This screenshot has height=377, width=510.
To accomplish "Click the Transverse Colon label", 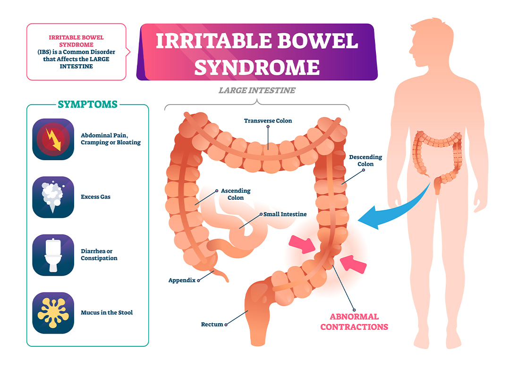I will (x=268, y=121).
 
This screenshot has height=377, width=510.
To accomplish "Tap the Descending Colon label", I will (x=365, y=161).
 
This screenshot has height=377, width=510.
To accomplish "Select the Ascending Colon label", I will (x=236, y=194).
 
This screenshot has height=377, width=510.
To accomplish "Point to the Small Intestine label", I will (x=285, y=214).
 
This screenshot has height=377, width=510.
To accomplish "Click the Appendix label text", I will (x=182, y=280).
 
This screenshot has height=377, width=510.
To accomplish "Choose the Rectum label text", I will (x=212, y=324).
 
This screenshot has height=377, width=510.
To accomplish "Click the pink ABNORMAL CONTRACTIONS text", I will (x=354, y=322).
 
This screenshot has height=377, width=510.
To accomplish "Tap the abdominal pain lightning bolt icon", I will (x=53, y=139).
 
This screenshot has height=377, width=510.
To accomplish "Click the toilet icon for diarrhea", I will (x=53, y=255).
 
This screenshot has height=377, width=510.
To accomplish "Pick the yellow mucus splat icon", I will (x=53, y=312).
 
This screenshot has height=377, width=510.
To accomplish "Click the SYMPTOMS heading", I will (x=87, y=104).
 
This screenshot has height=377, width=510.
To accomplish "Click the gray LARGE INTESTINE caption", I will (x=257, y=90).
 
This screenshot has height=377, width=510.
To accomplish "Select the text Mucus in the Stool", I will (x=107, y=312).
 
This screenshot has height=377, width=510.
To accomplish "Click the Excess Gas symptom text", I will (x=95, y=197).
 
